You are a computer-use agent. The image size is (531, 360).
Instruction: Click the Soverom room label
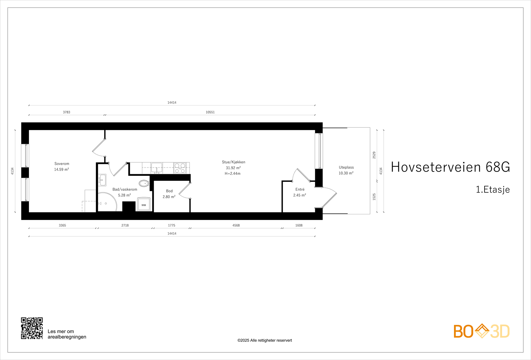tap(62, 164)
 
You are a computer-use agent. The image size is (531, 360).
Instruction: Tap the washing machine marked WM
tap(144, 205)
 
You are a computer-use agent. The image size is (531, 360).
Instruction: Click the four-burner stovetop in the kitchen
tap(180, 168)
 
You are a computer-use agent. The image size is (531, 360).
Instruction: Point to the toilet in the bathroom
tap(144, 183)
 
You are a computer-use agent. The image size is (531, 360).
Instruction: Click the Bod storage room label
tap(169, 191)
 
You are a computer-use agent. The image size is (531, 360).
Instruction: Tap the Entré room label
tap(300, 189)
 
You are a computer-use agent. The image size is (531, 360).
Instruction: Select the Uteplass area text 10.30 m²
tap(346, 173)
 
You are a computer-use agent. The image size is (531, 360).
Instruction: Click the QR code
tap(32, 328)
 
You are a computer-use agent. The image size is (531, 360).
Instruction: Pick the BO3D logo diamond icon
tap(482, 331)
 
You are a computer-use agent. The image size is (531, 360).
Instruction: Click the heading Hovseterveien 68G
tap(450, 167)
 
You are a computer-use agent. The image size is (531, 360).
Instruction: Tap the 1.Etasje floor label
tap(493, 189)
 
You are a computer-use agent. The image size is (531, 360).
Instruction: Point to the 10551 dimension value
tap(210, 112)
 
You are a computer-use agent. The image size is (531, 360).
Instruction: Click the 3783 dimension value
tap(66, 112)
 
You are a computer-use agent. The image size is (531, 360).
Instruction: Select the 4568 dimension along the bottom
tap(236, 225)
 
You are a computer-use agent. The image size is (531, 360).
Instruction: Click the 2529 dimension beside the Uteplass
tap(374, 155)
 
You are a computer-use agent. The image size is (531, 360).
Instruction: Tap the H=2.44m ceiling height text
tap(233, 174)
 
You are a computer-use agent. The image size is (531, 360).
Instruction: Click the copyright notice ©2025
tap(265, 340)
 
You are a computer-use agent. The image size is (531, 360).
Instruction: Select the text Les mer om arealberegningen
tap(67, 334)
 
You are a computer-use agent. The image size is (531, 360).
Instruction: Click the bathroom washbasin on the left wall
tap(102, 180)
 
